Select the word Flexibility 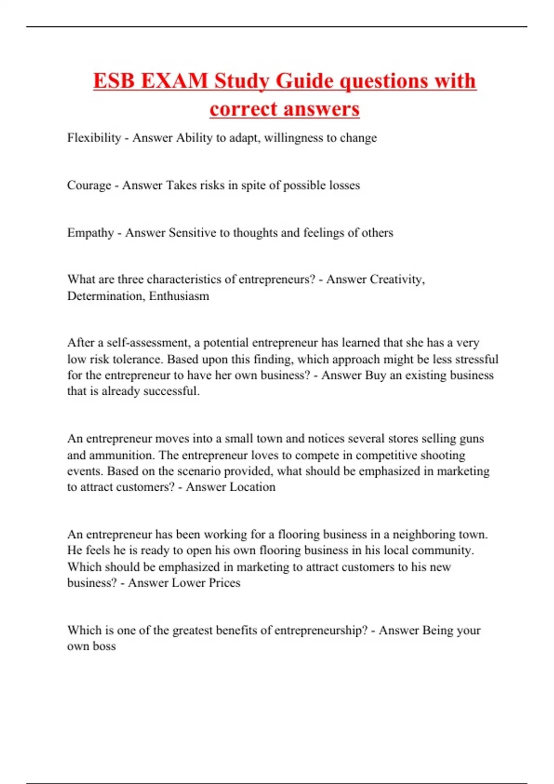click(x=94, y=138)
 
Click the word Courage click(x=89, y=185)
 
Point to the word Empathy click(x=90, y=233)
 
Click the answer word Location click(x=253, y=487)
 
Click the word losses click(x=344, y=185)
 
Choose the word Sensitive click(x=193, y=233)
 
